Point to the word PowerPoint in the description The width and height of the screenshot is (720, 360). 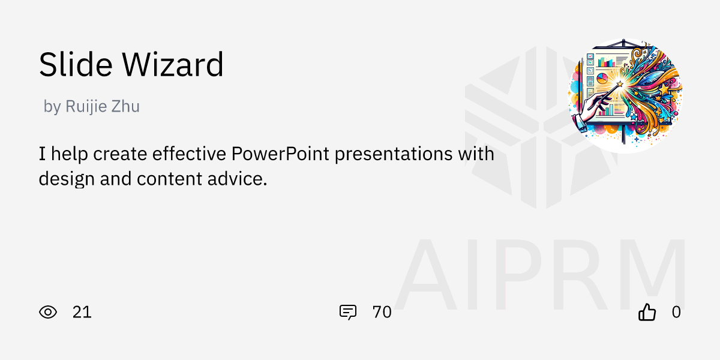tap(280, 154)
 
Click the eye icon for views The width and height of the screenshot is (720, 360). tap(48, 312)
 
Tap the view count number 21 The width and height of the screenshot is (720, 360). tap(82, 312)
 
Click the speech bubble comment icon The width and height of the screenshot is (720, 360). tap(348, 312)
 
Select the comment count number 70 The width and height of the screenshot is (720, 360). tap(382, 312)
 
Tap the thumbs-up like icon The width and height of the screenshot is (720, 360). tap(647, 312)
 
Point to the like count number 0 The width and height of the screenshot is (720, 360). tap(676, 312)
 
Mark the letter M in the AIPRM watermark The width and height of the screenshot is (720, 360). tap(648, 276)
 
